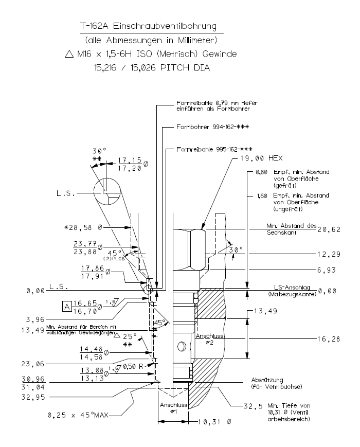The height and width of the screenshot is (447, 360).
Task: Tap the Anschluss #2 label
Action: click(207, 338)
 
